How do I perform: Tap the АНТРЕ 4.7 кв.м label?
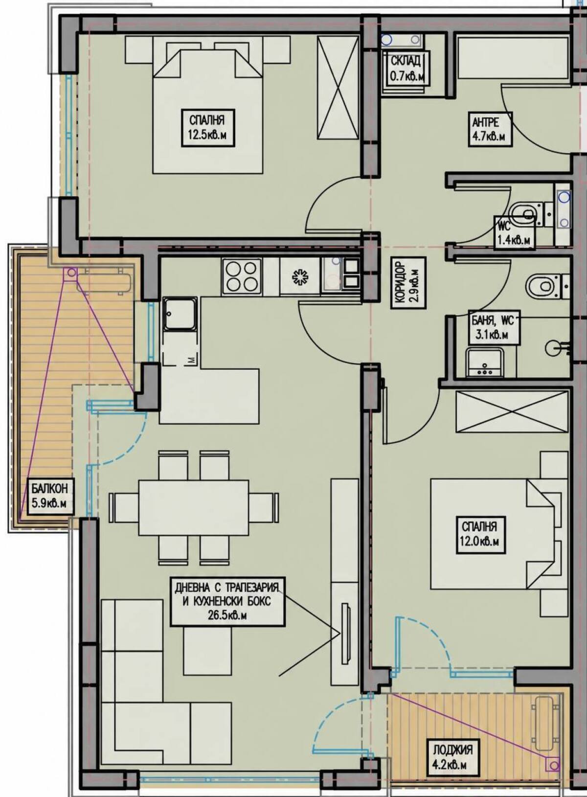490,129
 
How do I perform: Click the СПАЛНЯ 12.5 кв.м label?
208,127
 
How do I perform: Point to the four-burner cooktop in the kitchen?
242,276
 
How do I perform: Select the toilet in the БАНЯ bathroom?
542,285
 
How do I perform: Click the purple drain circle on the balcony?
71,273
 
